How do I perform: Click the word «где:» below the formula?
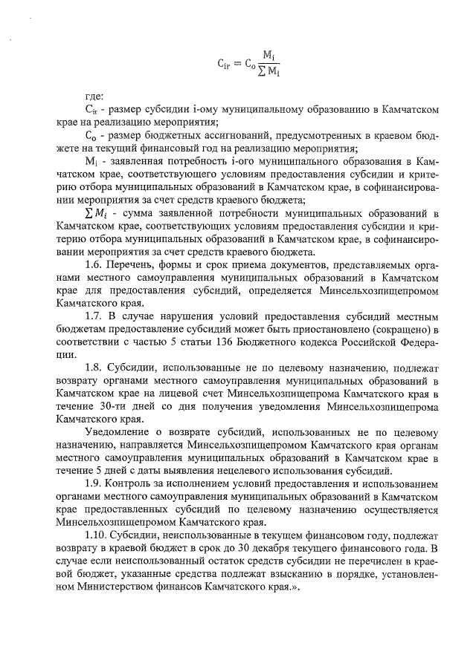pos(95,96)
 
